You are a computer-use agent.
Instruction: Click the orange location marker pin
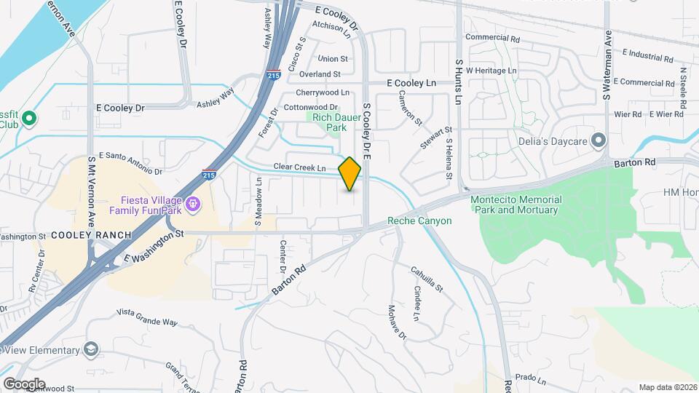(x=349, y=174)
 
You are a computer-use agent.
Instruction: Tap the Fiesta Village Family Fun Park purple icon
(x=192, y=204)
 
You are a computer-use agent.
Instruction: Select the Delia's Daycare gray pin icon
(x=599, y=140)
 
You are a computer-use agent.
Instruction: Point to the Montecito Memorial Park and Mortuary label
(x=516, y=205)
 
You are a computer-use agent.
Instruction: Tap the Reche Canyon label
(x=419, y=221)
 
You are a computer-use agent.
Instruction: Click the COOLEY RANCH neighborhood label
(x=91, y=235)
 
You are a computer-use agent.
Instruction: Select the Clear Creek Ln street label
(x=299, y=167)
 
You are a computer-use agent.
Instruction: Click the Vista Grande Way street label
(x=147, y=317)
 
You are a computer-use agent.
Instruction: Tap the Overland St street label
(x=322, y=74)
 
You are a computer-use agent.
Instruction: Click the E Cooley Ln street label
(x=411, y=84)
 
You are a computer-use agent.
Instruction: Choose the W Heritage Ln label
(x=491, y=71)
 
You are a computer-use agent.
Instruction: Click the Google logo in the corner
(x=23, y=384)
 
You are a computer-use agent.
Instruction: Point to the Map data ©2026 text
(x=667, y=387)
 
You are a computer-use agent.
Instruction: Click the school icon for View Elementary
(x=90, y=350)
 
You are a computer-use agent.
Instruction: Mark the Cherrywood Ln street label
(x=323, y=92)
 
